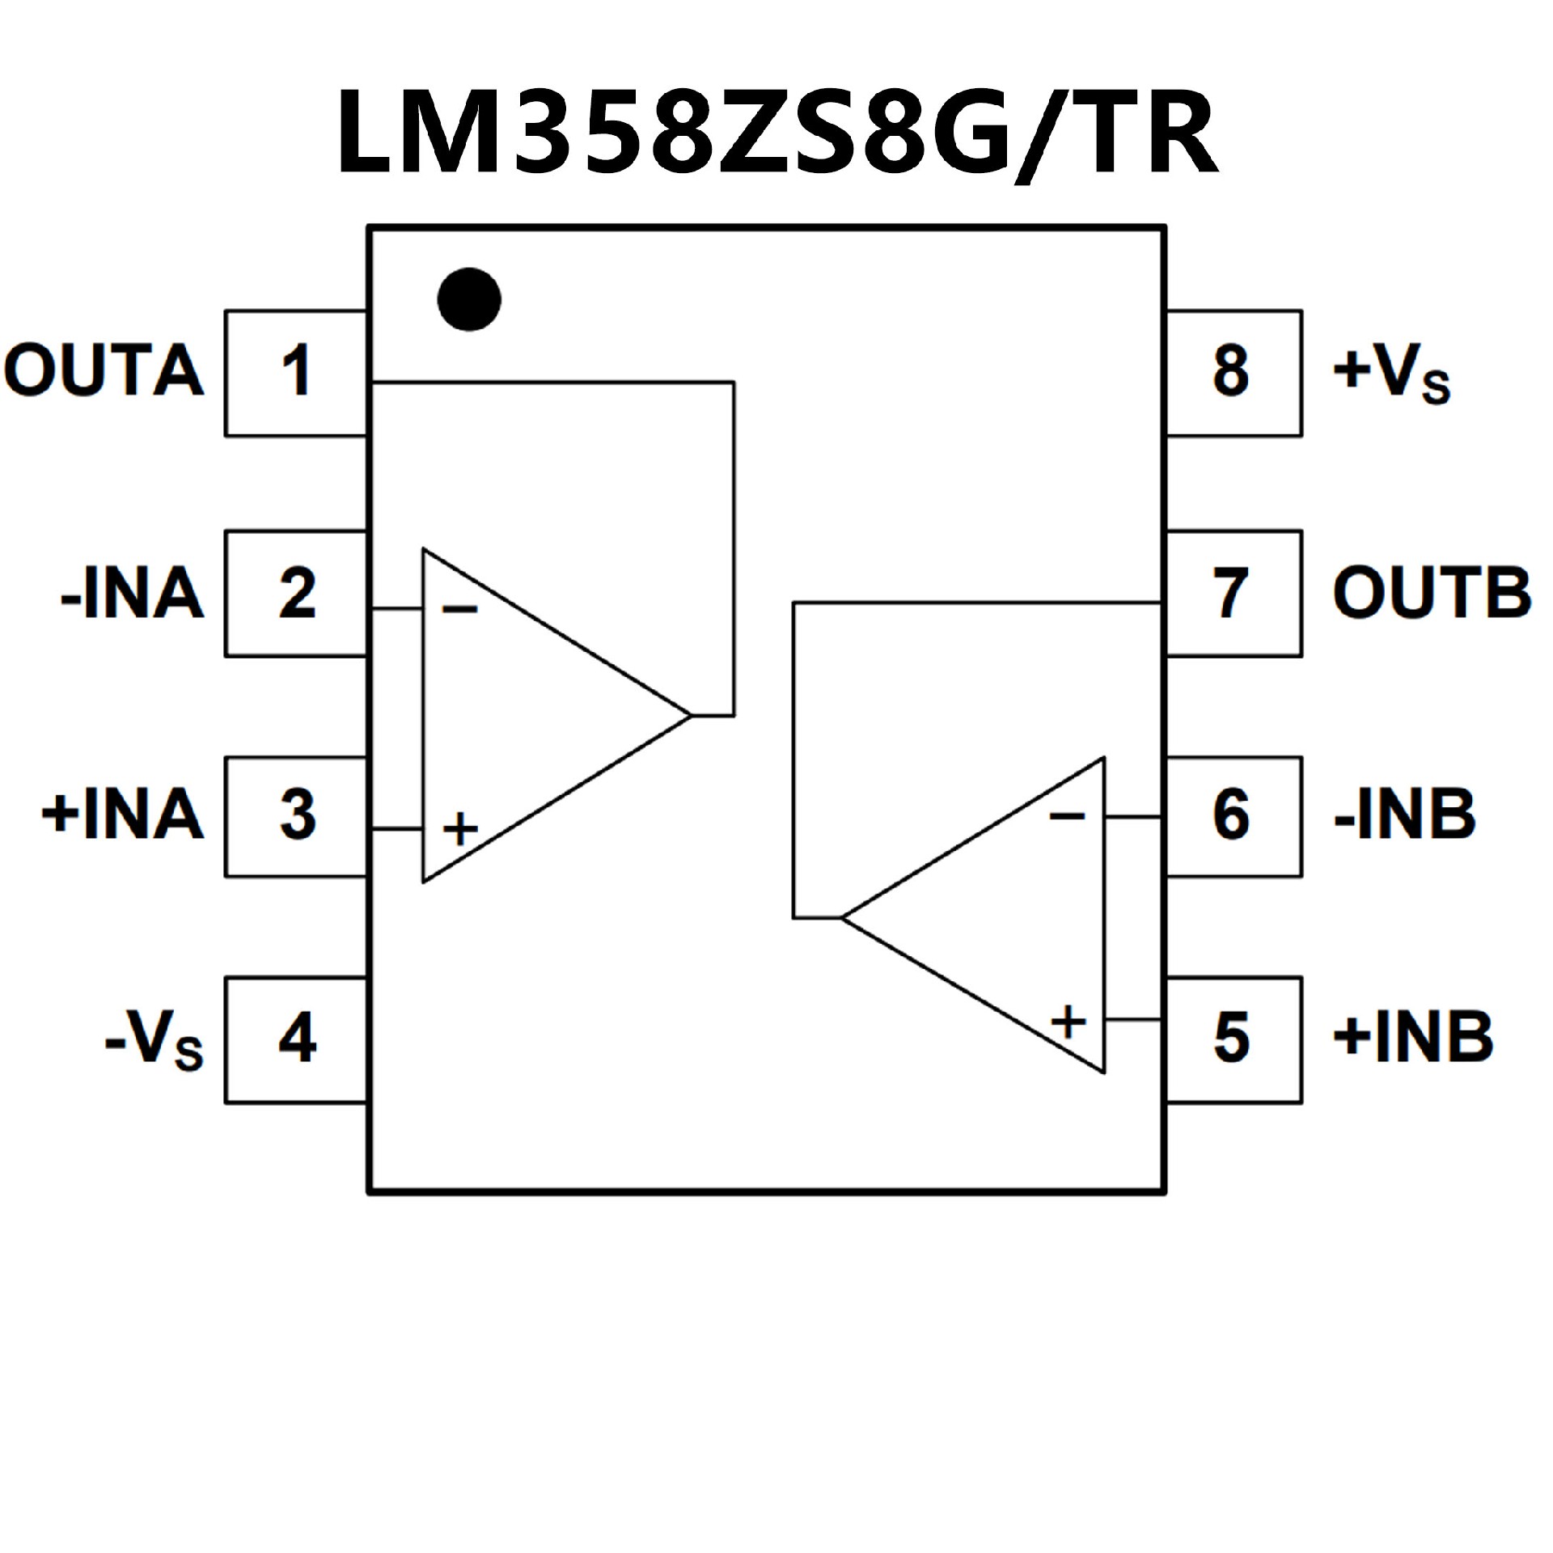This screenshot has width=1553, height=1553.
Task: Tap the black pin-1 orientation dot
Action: pyautogui.click(x=469, y=299)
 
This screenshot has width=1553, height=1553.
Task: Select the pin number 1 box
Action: pyautogui.click(x=296, y=373)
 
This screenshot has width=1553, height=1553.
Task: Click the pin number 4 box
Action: pyautogui.click(x=296, y=1039)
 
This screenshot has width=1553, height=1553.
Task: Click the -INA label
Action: pyautogui.click(x=132, y=594)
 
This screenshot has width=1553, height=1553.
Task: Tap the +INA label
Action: pyautogui.click(x=123, y=815)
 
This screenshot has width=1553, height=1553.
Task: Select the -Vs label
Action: pyautogui.click(x=154, y=1042)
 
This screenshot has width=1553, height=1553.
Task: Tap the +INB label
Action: pyautogui.click(x=1412, y=1038)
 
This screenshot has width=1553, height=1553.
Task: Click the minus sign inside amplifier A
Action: pyautogui.click(x=460, y=609)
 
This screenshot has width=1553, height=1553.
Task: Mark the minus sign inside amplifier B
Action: pyautogui.click(x=1067, y=815)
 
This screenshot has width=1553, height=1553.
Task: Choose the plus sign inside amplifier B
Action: pyautogui.click(x=1068, y=1022)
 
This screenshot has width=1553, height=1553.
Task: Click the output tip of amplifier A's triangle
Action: pyautogui.click(x=691, y=715)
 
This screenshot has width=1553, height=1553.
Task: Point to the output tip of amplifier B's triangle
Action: pyautogui.click(x=843, y=917)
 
